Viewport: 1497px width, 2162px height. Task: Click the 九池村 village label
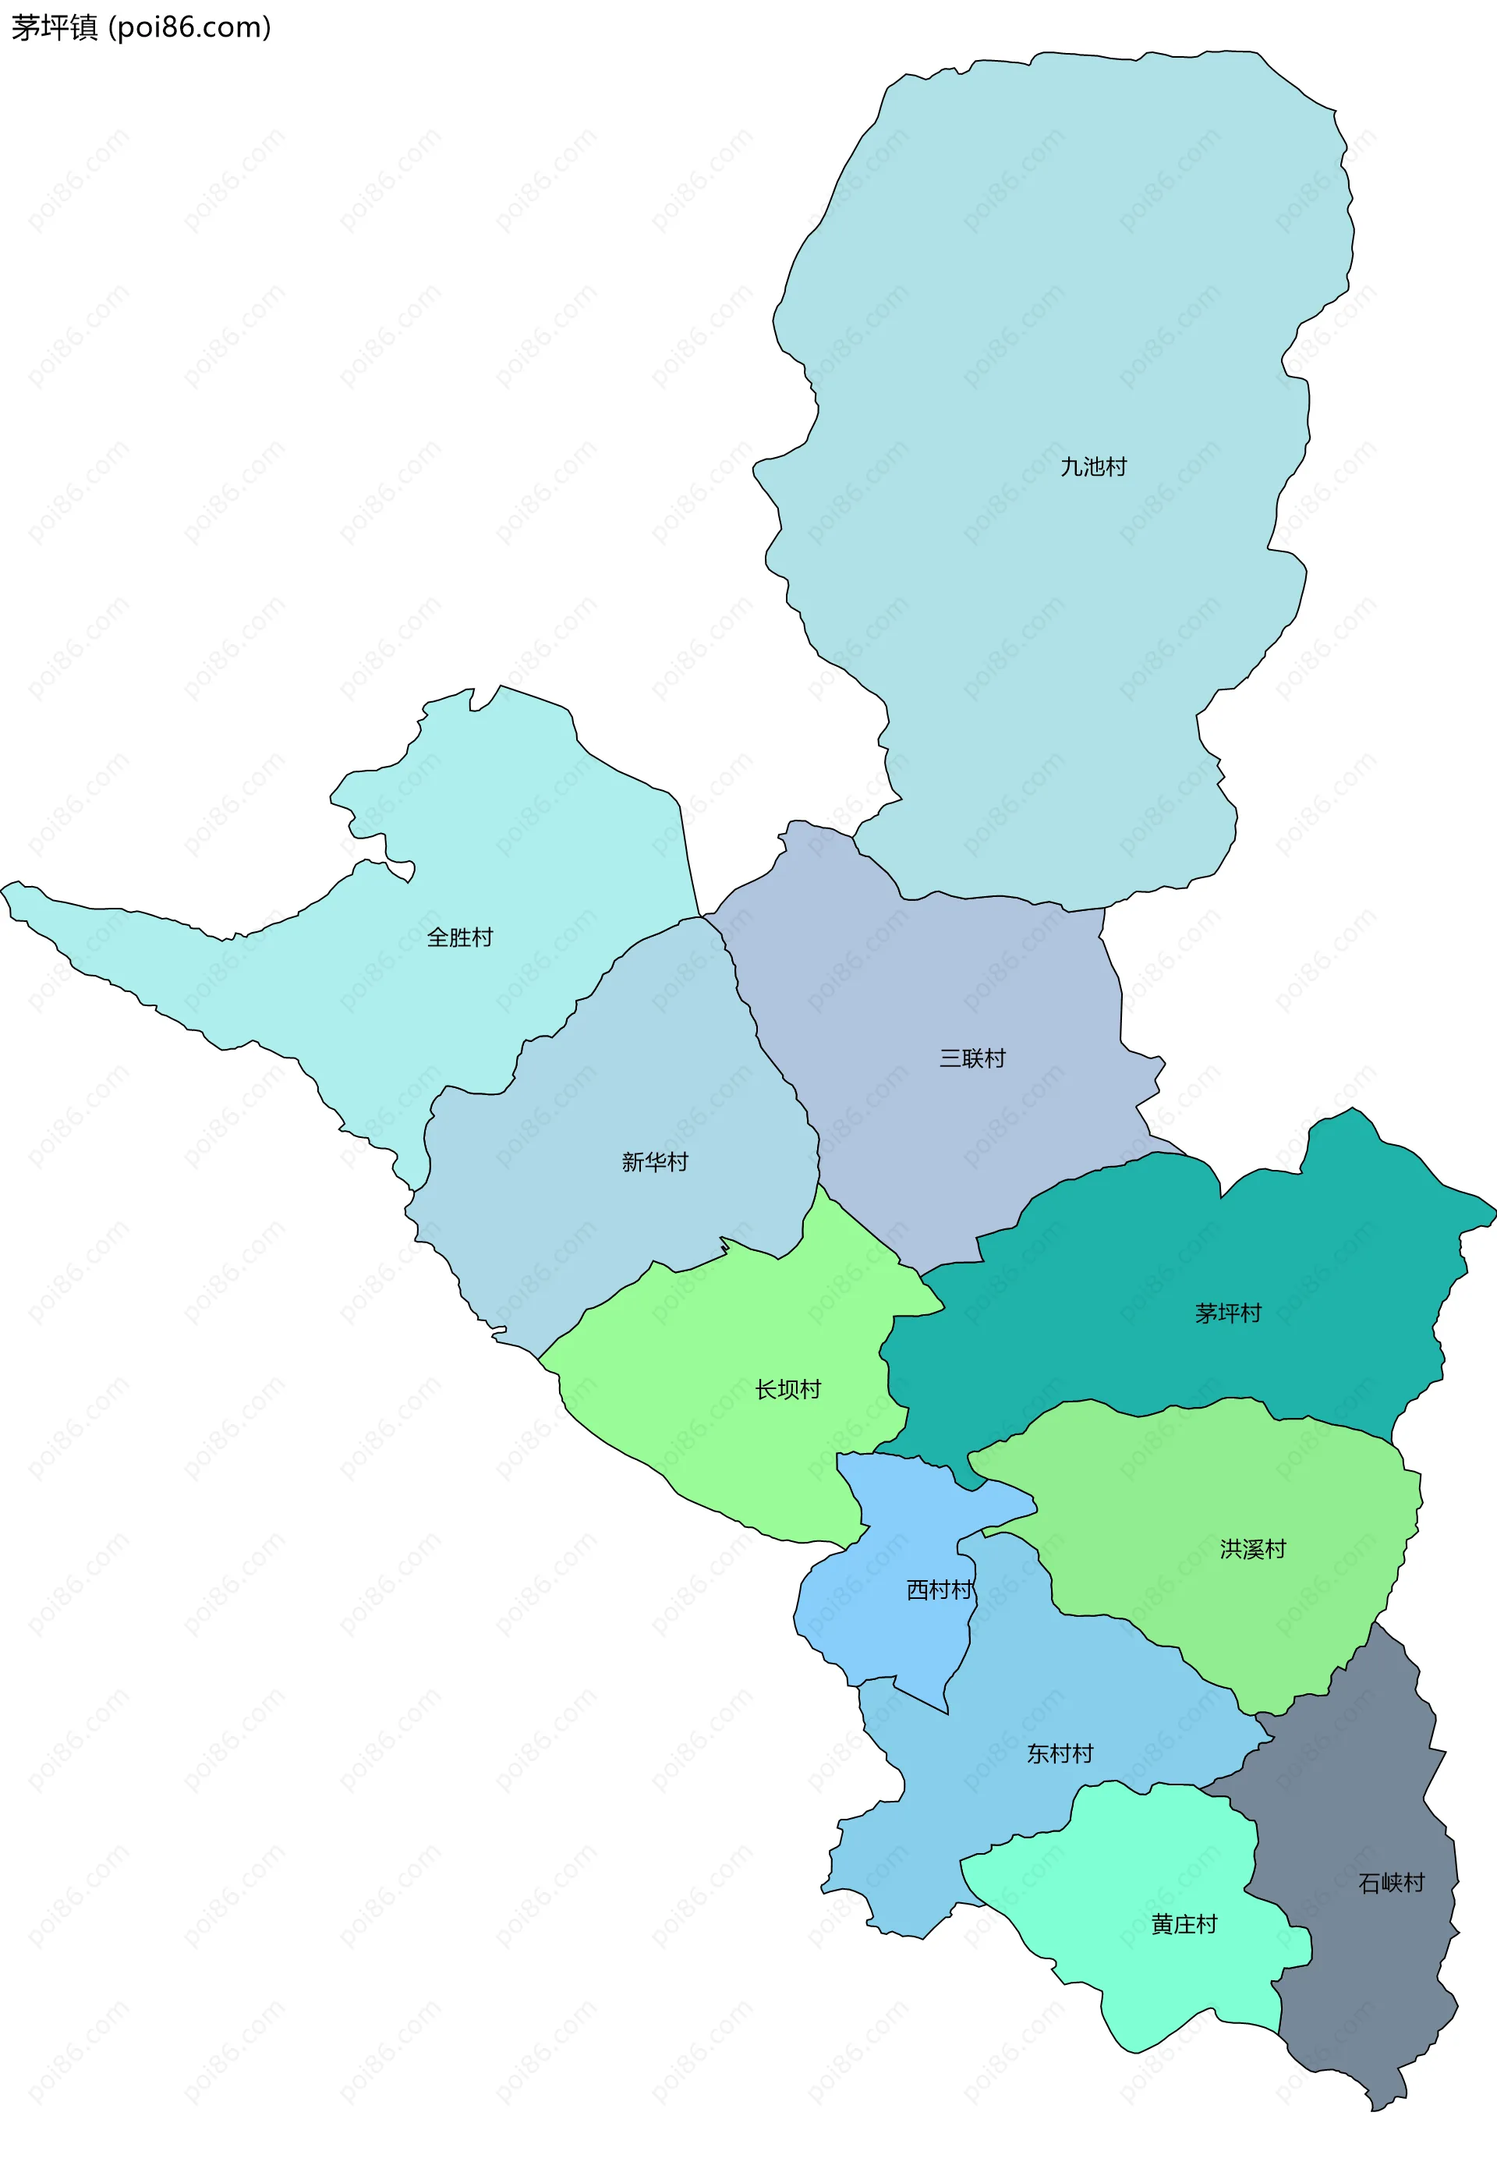pos(1093,466)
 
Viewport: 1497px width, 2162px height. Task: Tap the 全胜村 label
pos(459,937)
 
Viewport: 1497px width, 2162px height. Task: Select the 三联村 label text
pos(973,1058)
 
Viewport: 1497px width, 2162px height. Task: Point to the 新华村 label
pos(655,1161)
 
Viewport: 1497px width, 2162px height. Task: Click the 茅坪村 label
pos(1228,1313)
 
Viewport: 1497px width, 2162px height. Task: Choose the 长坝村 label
pos(788,1390)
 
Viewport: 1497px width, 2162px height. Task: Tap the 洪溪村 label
pos(1252,1549)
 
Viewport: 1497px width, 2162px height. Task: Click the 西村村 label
pos(939,1590)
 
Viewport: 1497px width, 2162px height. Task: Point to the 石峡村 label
pos(1391,1882)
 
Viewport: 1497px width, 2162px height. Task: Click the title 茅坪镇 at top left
pos(55,28)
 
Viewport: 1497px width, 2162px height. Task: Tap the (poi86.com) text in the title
pos(190,28)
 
